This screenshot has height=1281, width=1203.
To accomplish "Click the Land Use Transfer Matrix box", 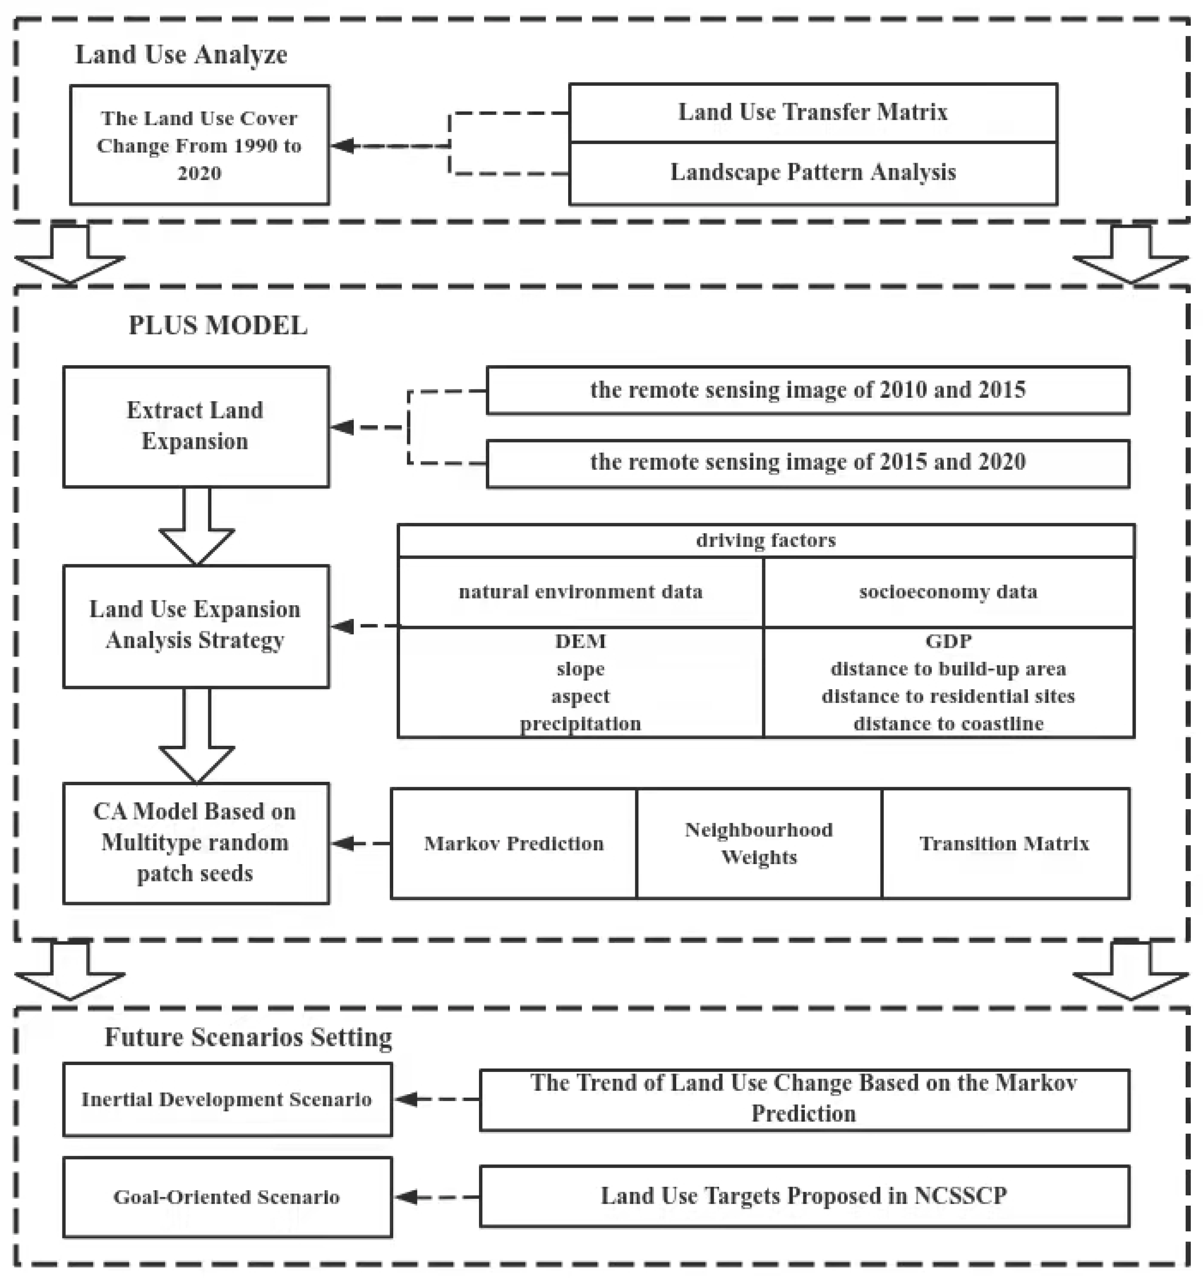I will [812, 113].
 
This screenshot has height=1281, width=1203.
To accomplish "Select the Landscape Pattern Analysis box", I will [812, 173].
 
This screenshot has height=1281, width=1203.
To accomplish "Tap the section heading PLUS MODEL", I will [218, 325].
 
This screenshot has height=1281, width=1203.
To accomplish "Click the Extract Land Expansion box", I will [196, 426].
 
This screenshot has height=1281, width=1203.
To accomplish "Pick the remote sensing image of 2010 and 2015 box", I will [807, 390].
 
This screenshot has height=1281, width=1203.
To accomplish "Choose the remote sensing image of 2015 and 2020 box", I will [807, 462].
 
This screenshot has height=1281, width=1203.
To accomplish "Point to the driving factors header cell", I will [765, 540].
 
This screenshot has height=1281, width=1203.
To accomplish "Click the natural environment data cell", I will [580, 591].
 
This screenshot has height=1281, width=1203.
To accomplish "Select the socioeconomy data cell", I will [948, 591].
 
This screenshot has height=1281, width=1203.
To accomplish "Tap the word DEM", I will [580, 641].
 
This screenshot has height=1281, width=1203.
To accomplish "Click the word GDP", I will [948, 641].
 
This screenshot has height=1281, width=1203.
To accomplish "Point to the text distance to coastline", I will [948, 724].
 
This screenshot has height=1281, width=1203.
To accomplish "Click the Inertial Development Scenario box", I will [227, 1099].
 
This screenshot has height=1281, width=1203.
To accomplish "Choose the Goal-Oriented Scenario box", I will [227, 1197].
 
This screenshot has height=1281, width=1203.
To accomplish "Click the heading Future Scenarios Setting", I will [248, 1038].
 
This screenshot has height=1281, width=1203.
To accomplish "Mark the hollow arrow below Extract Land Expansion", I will [196, 525].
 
